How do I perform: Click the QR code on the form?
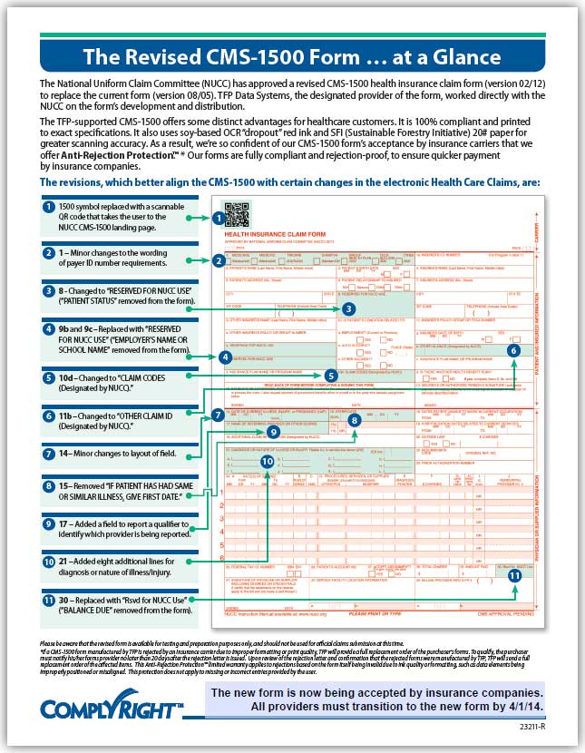(x=236, y=215)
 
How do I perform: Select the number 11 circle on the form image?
(x=514, y=573)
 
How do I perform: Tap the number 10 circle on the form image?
(x=267, y=460)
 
